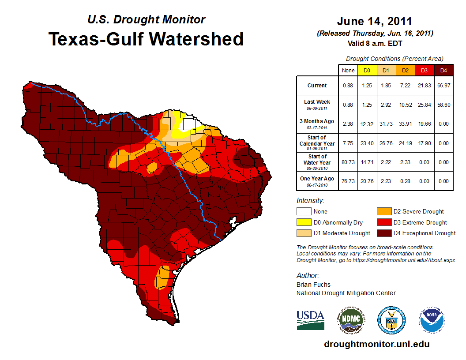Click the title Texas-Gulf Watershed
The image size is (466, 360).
(146, 39)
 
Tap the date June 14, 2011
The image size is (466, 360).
(374, 21)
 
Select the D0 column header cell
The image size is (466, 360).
(367, 71)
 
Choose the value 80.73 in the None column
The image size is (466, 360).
(348, 162)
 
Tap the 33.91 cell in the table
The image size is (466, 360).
(405, 124)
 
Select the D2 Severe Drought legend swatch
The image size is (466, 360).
(383, 212)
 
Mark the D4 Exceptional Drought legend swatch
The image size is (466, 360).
(383, 233)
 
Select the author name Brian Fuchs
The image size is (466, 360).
(313, 285)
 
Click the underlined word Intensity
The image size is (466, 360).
(310, 201)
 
